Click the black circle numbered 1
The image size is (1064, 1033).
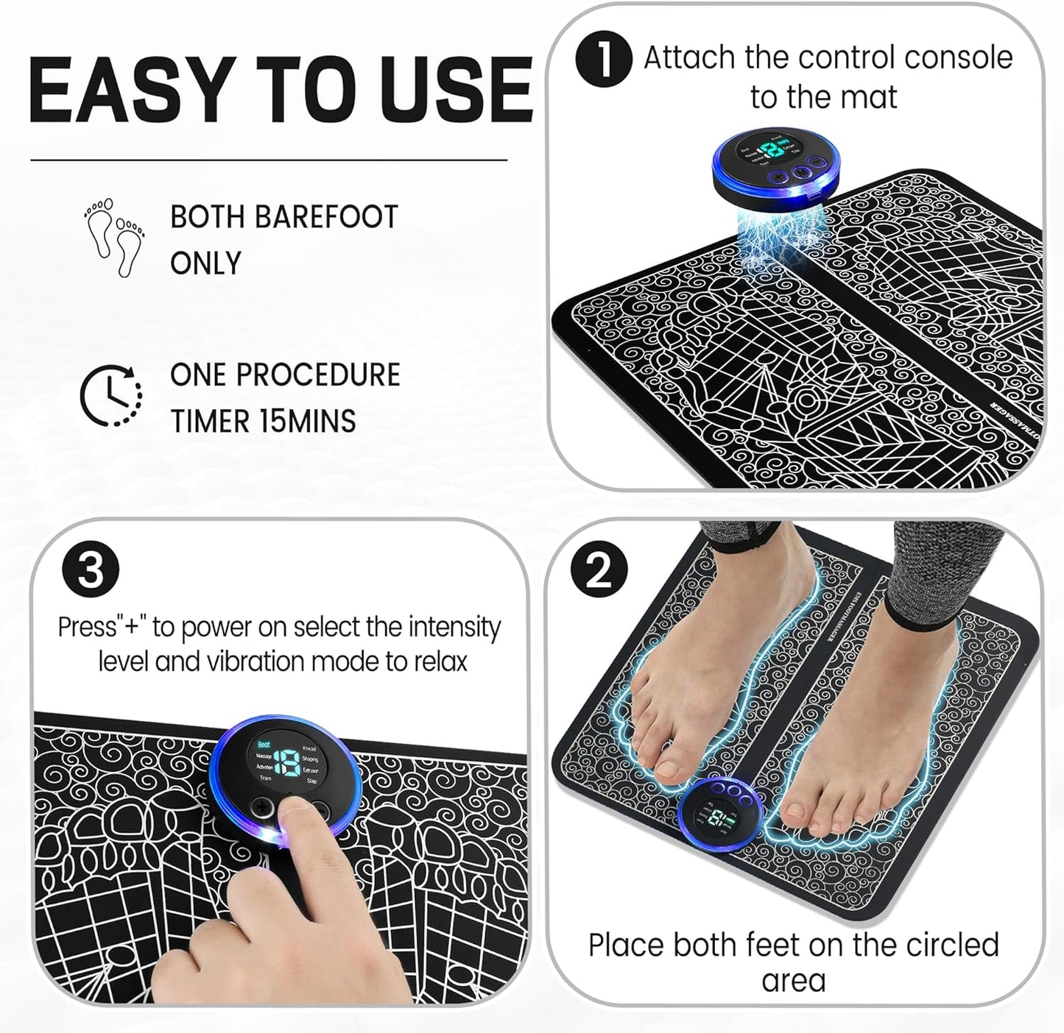(x=603, y=59)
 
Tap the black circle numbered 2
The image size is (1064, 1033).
(x=600, y=570)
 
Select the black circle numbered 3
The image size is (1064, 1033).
(x=91, y=570)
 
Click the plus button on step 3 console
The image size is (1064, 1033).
(x=262, y=808)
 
